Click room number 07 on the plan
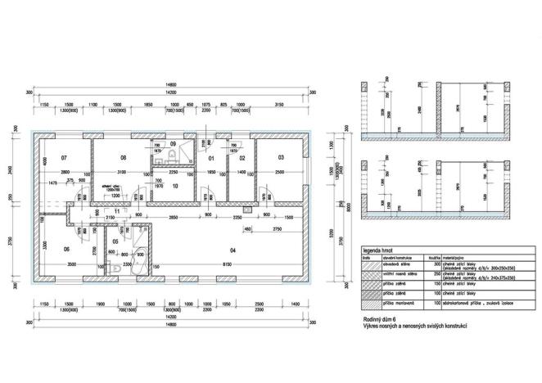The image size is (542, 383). (x=64, y=155)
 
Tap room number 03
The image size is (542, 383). (x=280, y=155)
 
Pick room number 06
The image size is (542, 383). (x=66, y=249)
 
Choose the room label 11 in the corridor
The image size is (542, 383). (x=117, y=211)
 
